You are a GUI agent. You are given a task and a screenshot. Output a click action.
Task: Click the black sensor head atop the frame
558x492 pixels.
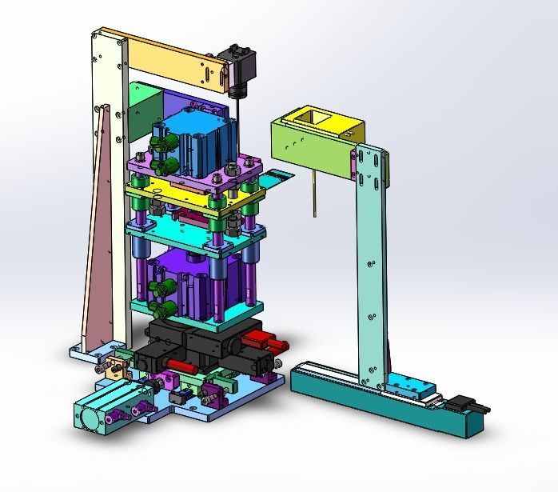click(x=241, y=68)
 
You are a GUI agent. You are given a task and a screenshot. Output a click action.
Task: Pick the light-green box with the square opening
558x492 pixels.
click(x=316, y=135)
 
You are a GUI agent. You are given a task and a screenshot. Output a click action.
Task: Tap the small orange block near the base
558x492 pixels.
click(x=112, y=369)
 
